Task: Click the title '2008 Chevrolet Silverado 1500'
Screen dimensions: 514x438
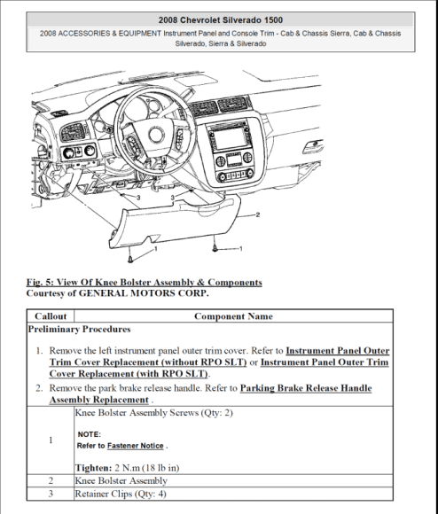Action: (x=220, y=19)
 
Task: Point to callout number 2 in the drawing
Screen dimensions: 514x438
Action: (x=257, y=214)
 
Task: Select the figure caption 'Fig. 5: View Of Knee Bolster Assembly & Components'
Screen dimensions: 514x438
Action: (x=145, y=282)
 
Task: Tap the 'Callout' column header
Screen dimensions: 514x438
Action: (x=50, y=316)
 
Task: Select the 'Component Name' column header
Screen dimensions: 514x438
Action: (x=233, y=316)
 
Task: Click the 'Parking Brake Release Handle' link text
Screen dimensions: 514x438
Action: (x=296, y=388)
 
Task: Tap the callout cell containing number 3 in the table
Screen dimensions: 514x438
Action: (x=50, y=493)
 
